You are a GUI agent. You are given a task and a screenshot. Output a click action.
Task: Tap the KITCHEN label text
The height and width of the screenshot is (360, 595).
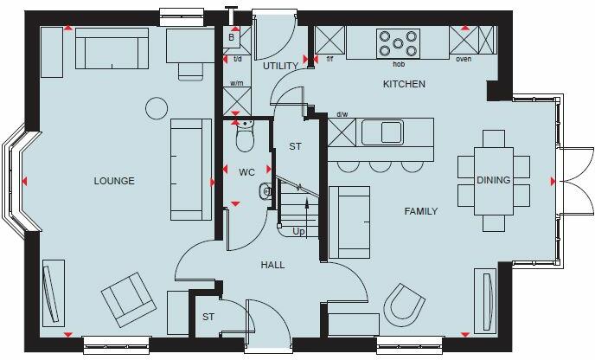point(404,85)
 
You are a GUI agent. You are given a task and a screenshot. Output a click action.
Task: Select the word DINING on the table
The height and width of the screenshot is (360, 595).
point(493,180)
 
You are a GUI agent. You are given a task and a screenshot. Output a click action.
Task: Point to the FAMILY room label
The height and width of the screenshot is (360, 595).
point(419,211)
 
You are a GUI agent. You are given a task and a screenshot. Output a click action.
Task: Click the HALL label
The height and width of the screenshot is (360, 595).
point(272,265)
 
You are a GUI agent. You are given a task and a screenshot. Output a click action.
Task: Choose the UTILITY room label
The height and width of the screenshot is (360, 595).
point(279,66)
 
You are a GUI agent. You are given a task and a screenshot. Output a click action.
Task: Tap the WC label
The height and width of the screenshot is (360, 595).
point(246,172)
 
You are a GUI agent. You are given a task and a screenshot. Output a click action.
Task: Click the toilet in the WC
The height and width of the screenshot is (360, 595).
point(246,136)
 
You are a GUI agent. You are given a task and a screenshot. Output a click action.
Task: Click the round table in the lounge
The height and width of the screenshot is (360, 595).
point(156,108)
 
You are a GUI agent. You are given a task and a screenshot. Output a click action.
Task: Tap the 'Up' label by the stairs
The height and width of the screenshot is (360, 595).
point(299,233)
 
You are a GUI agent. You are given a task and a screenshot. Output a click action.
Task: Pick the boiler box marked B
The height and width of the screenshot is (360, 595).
point(232,38)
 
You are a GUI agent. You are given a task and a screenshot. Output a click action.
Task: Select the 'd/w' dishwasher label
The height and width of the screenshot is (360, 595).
point(342,113)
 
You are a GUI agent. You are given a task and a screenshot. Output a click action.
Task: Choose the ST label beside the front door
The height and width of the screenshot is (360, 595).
point(208,318)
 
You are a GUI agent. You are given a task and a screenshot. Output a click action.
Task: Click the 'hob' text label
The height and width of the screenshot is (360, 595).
point(399,63)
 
